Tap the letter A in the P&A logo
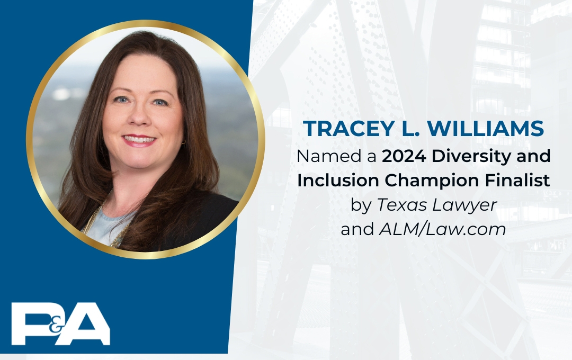pos(88,323)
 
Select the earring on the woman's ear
pos(184,142)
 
